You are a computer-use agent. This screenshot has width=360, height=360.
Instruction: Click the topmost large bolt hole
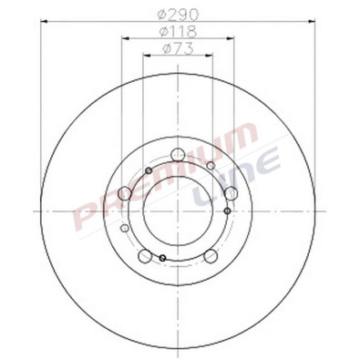coord(179,154)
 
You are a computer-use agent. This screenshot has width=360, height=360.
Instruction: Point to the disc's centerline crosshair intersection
coord(179,211)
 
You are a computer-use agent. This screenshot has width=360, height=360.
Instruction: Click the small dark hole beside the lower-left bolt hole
coord(162,259)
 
